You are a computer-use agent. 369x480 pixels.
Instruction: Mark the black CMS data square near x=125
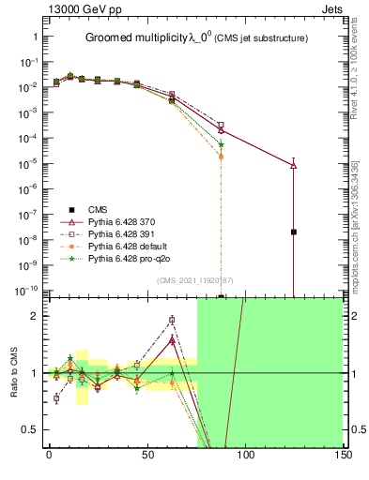click(x=294, y=232)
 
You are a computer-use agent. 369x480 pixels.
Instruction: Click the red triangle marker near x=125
click(x=294, y=165)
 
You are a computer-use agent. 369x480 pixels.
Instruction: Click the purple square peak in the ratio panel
click(x=172, y=320)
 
